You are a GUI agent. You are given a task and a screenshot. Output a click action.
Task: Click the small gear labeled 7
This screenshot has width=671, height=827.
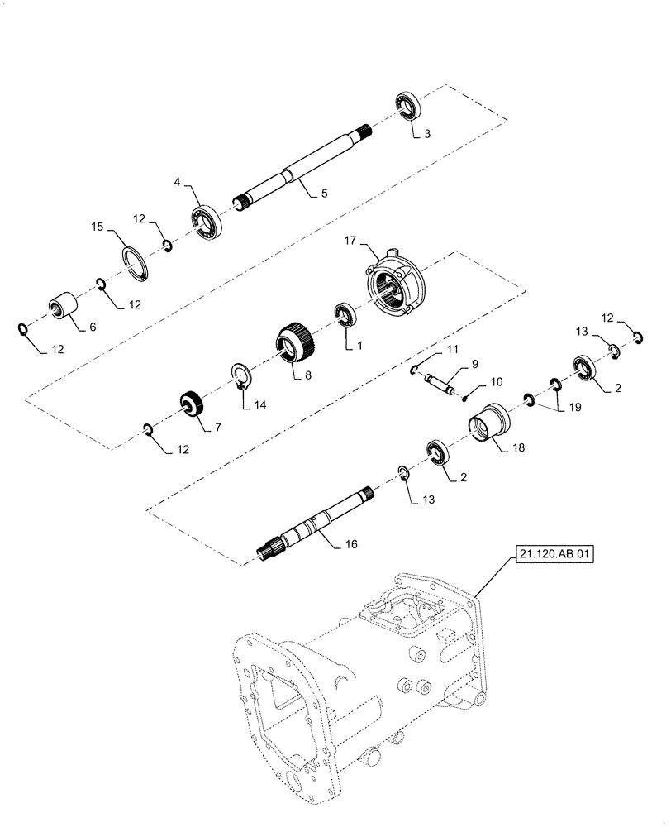pyautogui.click(x=193, y=405)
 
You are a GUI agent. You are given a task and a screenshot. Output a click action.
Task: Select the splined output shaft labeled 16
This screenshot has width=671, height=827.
pyautogui.click(x=313, y=524)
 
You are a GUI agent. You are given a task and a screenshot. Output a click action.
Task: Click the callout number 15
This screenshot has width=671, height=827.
pyautogui.click(x=98, y=226)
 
